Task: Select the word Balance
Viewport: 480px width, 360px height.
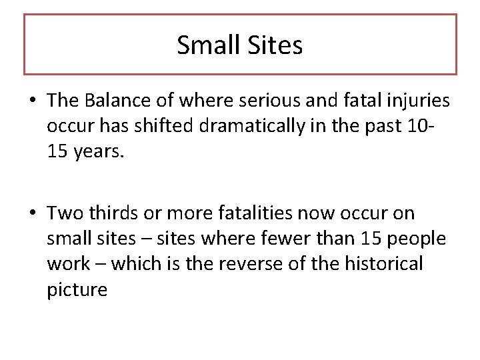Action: pyautogui.click(x=117, y=101)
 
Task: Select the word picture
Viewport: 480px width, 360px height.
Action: pyautogui.click(x=77, y=289)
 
